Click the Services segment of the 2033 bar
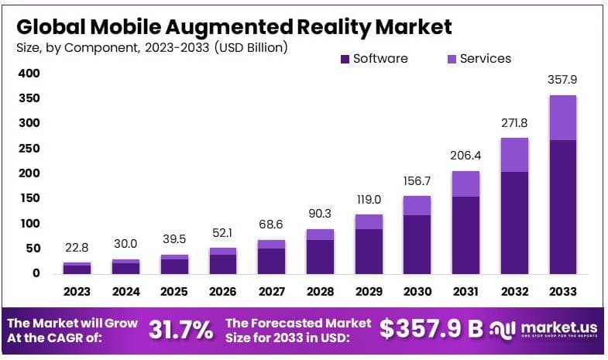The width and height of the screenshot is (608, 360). [x=562, y=118]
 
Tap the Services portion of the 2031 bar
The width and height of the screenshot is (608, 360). [x=465, y=183]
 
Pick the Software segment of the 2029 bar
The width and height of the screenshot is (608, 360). [x=369, y=251]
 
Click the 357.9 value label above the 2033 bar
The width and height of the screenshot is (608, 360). [x=563, y=80]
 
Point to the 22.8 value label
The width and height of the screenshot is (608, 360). [x=77, y=248]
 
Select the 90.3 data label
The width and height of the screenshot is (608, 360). [x=320, y=213]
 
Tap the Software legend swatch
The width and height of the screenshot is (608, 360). [x=344, y=59]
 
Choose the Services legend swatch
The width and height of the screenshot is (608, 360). [x=451, y=59]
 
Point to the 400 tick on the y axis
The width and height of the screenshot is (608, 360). [x=29, y=74]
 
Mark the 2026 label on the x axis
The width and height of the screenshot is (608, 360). [x=223, y=292]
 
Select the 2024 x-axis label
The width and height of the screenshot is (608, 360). [x=126, y=292]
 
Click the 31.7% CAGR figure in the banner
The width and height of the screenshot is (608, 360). [x=180, y=331]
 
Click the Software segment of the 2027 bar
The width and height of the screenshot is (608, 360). [x=272, y=261]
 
